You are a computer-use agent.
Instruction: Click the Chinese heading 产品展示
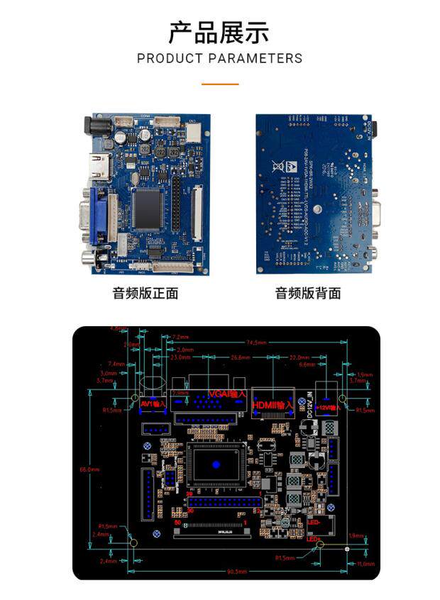219,33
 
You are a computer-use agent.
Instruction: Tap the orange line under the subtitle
219,84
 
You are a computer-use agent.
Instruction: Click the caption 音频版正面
145,294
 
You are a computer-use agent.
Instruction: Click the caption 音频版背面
308,294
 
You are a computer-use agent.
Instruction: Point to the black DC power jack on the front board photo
96,127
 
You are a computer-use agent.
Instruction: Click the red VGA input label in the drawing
227,394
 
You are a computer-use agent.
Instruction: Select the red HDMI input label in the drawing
273,405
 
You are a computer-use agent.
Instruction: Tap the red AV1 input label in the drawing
153,404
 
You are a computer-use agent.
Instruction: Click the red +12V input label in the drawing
328,407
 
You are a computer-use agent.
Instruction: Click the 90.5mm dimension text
237,572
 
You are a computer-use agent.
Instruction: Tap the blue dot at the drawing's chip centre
216,465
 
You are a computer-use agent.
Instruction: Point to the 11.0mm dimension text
365,564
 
